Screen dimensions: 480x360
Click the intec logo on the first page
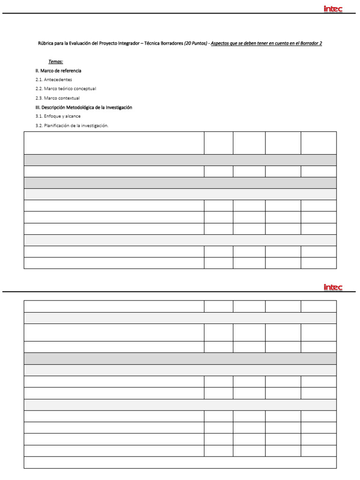[x=333, y=8]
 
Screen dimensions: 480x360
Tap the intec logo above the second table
[x=333, y=287]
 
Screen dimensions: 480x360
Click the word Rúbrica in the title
[x=45, y=43]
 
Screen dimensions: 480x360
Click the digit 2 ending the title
[x=320, y=43]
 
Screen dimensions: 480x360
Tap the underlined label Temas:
[x=55, y=61]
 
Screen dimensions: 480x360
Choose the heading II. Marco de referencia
[x=58, y=70]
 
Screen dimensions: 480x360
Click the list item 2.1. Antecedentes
[x=53, y=80]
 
